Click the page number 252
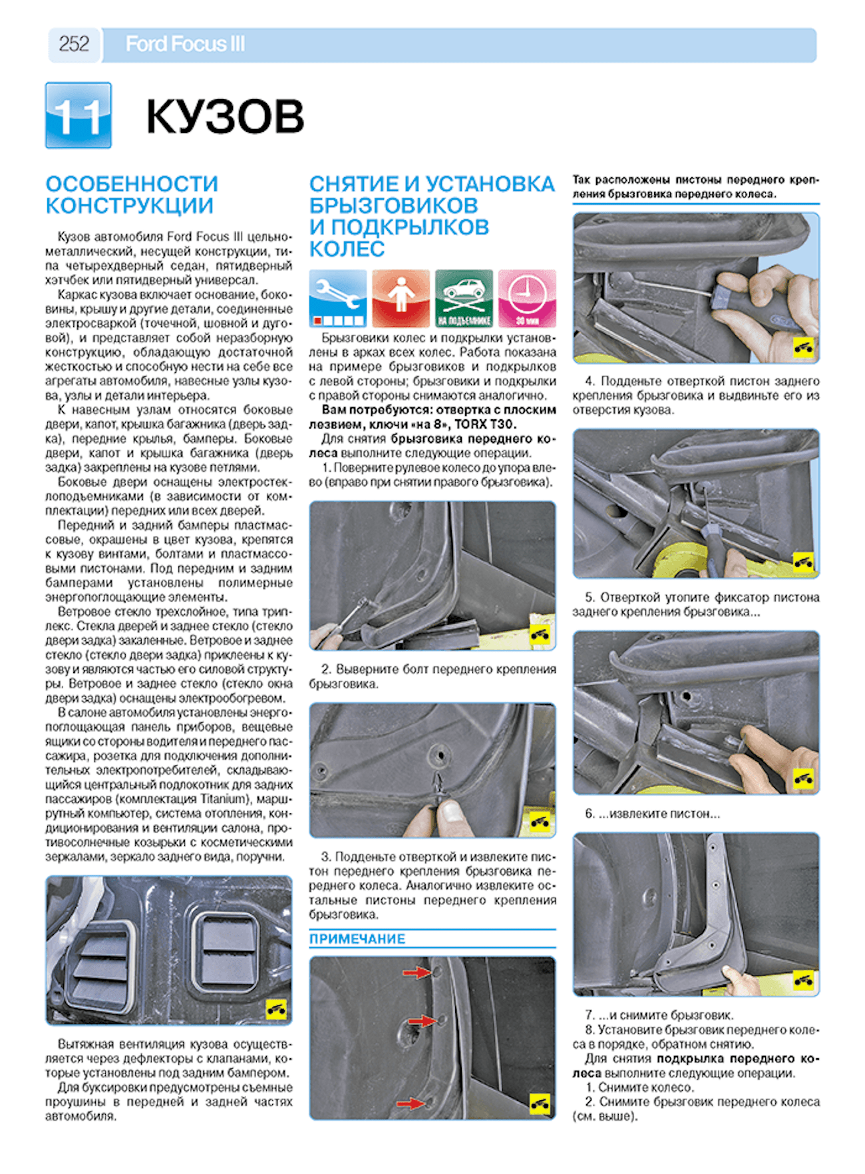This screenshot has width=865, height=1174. point(74,44)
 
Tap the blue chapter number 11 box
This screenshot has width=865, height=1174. point(79,116)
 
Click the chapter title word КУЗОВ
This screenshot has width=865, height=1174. point(225,116)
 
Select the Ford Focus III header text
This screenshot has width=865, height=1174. point(185,44)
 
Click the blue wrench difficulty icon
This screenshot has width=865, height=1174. point(337,298)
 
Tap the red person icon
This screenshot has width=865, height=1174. point(401,298)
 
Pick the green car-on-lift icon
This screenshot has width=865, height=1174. point(464,298)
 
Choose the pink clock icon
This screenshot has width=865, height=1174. point(527,298)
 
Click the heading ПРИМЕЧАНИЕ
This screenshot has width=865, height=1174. point(357,939)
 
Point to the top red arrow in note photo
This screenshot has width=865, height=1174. point(417,973)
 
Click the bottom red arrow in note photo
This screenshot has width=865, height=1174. point(411,1103)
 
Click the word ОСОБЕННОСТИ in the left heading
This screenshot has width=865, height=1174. point(132,184)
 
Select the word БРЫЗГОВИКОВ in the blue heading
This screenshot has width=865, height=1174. point(394,206)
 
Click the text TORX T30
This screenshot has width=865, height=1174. point(485,424)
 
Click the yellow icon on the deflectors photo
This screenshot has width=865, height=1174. point(275,1009)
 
